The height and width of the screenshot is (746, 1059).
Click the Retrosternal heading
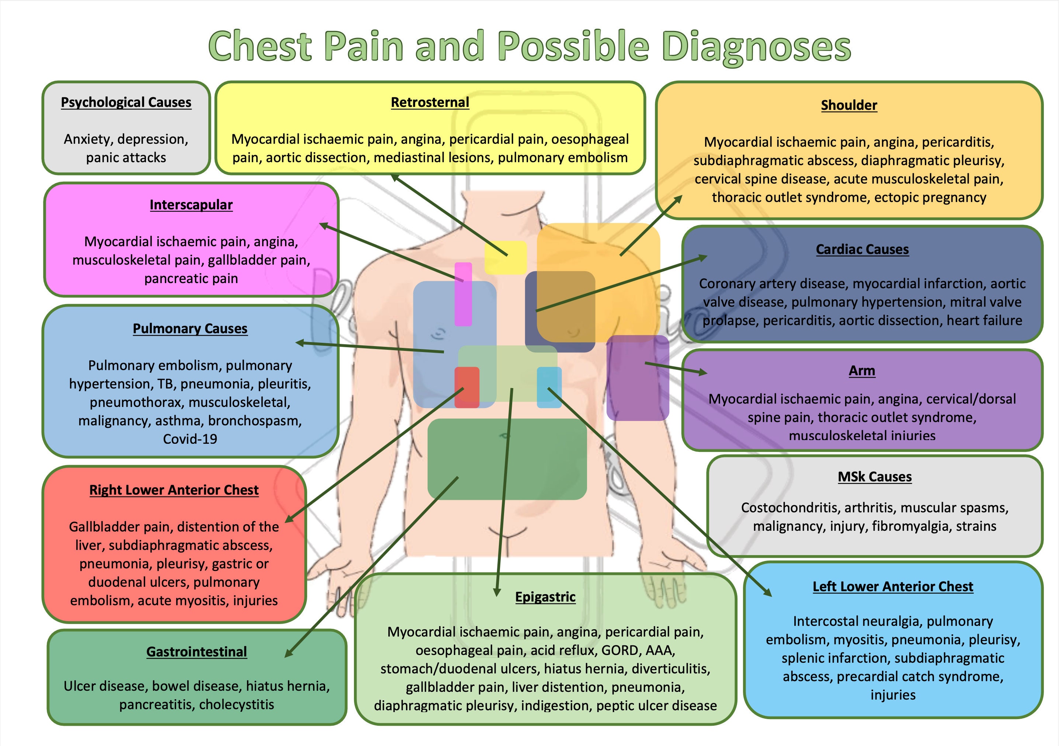click(x=430, y=102)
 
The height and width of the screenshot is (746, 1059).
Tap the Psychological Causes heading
click(x=126, y=102)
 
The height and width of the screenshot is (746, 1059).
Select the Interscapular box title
click(x=191, y=205)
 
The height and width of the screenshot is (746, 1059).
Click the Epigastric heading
click(x=545, y=597)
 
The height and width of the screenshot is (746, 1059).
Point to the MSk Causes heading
click(x=875, y=477)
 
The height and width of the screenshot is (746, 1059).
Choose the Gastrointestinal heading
click(x=197, y=652)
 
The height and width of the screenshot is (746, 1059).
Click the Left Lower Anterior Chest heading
click(x=892, y=586)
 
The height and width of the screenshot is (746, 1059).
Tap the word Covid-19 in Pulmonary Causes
click(x=190, y=439)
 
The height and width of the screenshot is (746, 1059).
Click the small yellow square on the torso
click(x=505, y=257)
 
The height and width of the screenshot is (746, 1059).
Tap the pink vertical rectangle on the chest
click(x=463, y=294)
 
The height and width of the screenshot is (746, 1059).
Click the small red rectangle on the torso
click(x=467, y=387)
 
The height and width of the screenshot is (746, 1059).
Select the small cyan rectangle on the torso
click(x=549, y=387)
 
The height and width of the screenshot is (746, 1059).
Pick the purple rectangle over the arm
click(x=638, y=378)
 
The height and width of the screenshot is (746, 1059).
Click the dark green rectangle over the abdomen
click(x=507, y=459)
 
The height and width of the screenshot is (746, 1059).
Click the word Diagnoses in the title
click(x=756, y=47)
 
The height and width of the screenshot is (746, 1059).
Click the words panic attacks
click(x=126, y=158)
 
